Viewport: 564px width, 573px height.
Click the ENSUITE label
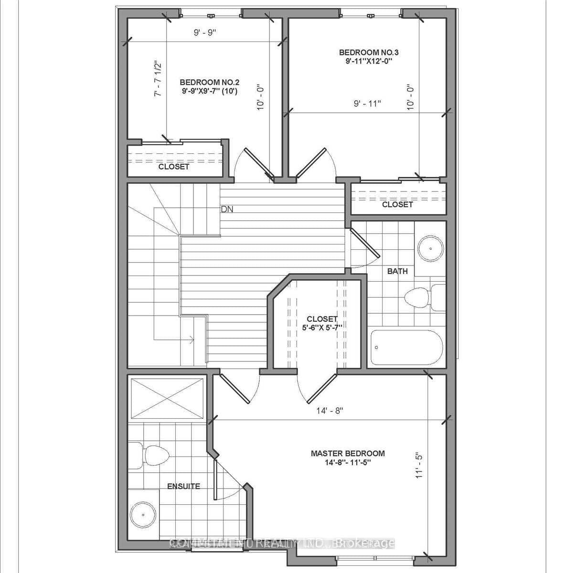[183, 486]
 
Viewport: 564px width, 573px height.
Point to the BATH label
[397, 271]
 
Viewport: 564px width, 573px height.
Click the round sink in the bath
[431, 248]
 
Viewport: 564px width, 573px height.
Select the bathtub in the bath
[406, 347]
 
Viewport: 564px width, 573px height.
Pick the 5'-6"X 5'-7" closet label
[322, 323]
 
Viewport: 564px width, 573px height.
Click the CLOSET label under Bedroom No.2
[174, 167]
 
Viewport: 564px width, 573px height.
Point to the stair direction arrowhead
[192, 340]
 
